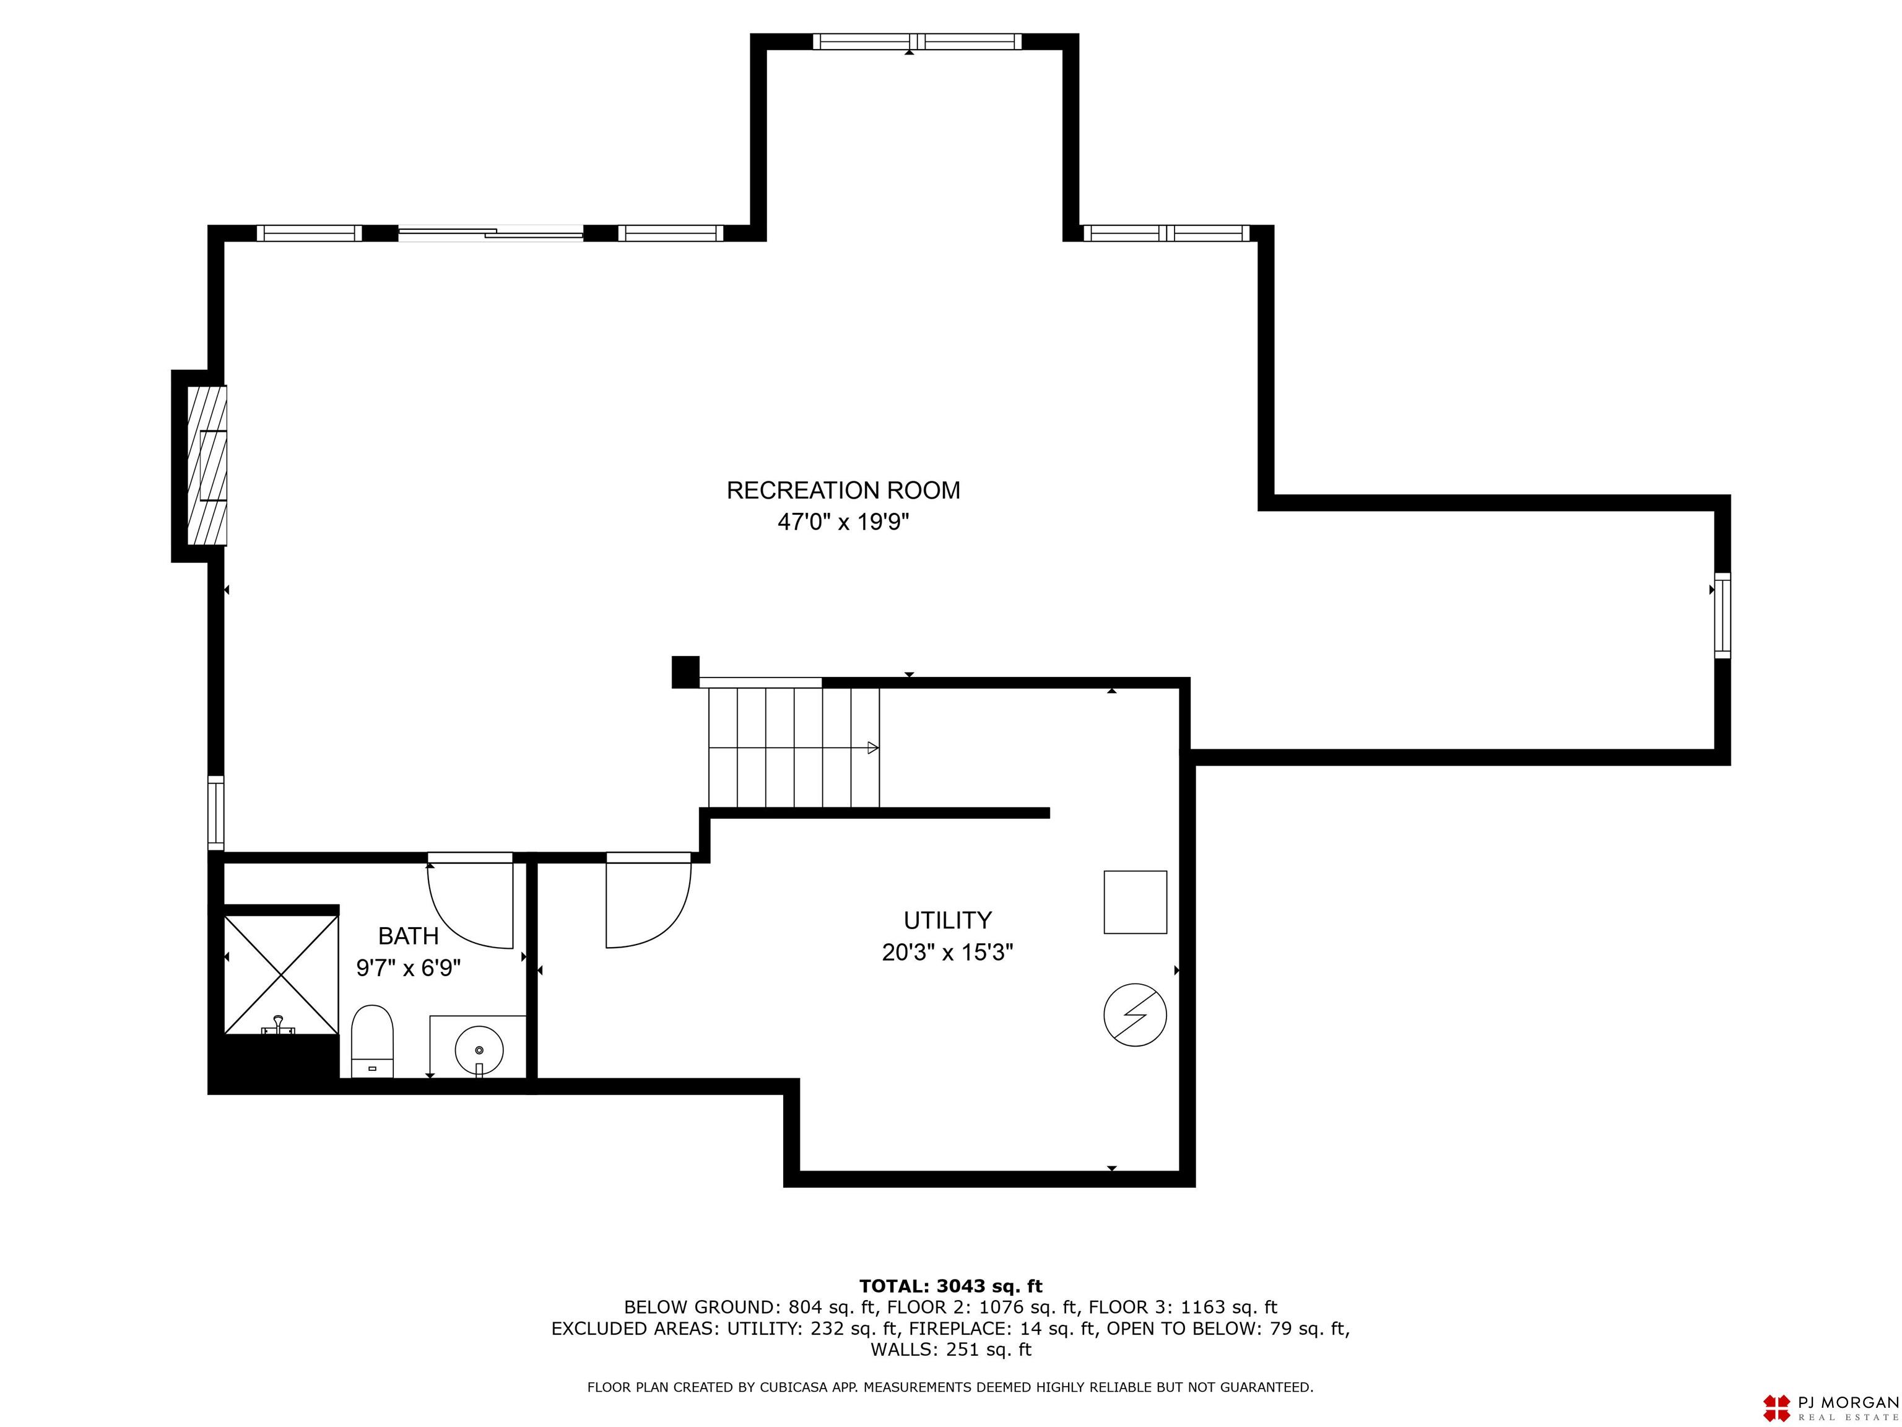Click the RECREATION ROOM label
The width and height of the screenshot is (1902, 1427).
tap(843, 491)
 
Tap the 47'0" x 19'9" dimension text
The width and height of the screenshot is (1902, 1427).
tap(843, 522)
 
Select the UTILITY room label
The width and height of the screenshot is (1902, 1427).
tap(947, 920)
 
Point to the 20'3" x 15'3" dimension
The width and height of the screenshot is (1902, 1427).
tap(947, 952)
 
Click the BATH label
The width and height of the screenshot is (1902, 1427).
tap(409, 936)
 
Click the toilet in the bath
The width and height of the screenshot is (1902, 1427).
tap(372, 1041)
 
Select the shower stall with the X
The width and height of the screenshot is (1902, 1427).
tap(281, 974)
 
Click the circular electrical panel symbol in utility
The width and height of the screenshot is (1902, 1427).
tap(1135, 1015)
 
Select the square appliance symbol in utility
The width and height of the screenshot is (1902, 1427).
tap(1135, 902)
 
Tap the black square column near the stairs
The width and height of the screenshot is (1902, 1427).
tap(685, 672)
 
